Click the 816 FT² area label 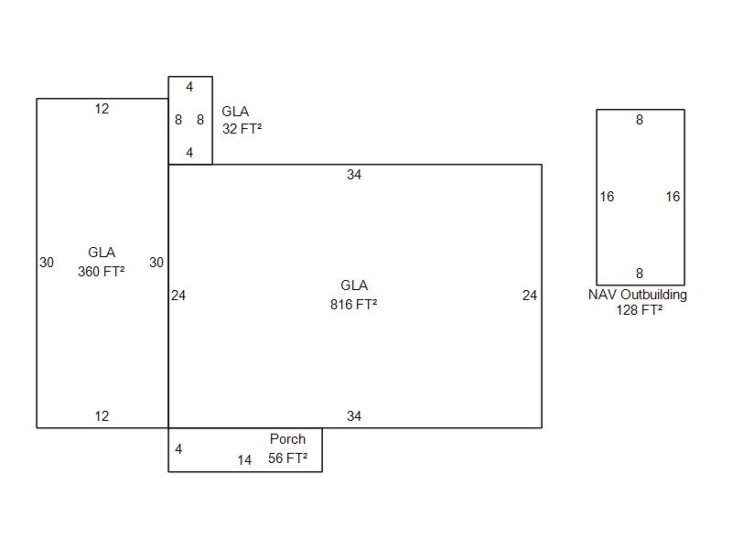pos(353,305)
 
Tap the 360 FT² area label pos(101,272)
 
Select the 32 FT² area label pos(242,129)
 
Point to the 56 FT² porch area pos(287,458)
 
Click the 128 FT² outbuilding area pos(639,310)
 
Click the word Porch pos(287,439)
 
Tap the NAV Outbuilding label pos(638,295)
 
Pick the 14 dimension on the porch pos(244,460)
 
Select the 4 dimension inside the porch pos(178,449)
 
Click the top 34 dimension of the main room pos(354,175)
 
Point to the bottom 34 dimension pos(354,416)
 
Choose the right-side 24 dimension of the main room pos(530,296)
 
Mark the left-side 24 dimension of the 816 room pos(178,296)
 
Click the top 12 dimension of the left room pos(102,109)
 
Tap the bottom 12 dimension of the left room pos(102,416)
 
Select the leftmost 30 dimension pos(47,263)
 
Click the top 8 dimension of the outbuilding pos(640,120)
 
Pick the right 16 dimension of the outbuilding pos(673,197)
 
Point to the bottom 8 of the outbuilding pos(640,274)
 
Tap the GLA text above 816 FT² pos(354,285)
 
